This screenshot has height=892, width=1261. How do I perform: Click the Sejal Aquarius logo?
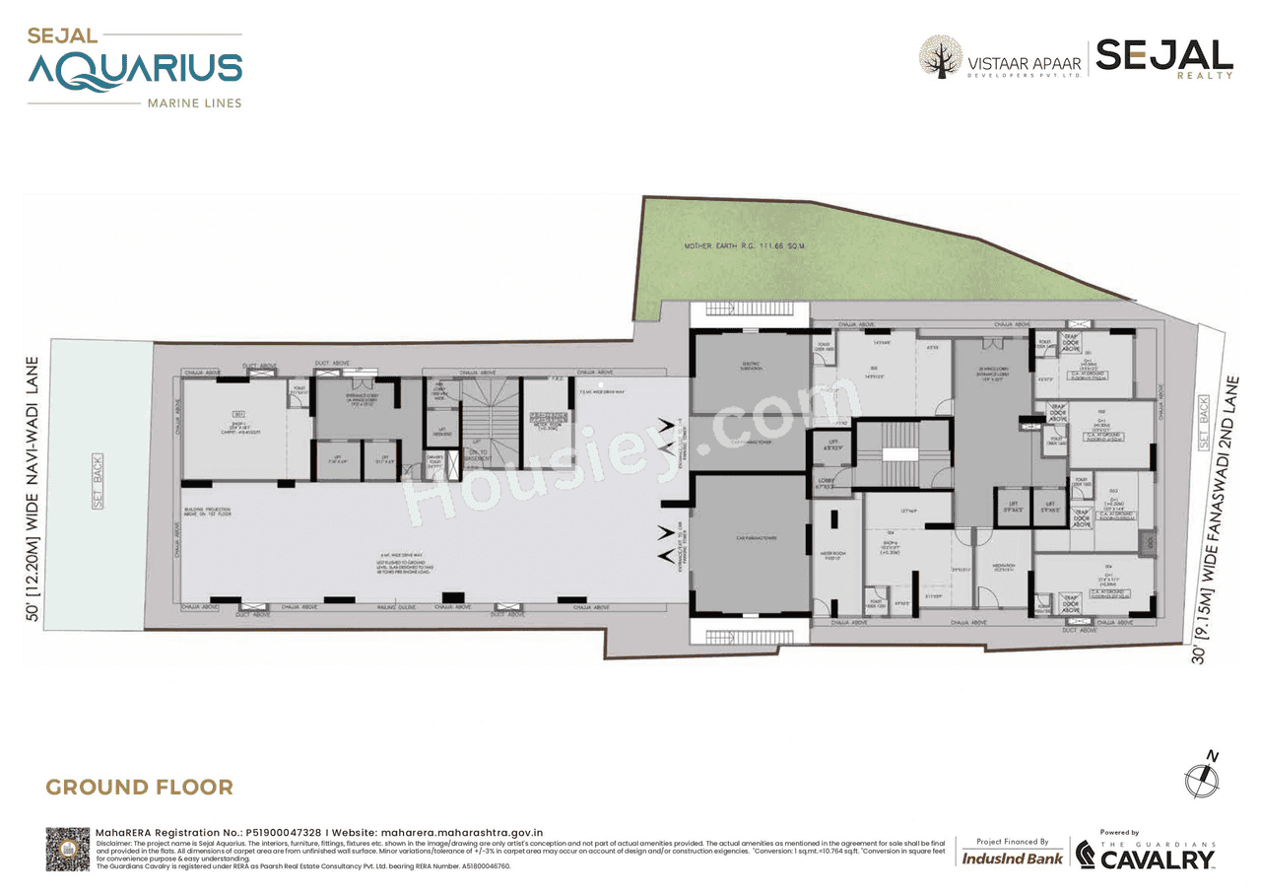(x=135, y=68)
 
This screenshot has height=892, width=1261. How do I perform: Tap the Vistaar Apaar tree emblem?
(x=940, y=57)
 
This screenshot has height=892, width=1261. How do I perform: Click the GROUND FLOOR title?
(x=140, y=787)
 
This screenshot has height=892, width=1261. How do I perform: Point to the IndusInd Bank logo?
(x=1012, y=858)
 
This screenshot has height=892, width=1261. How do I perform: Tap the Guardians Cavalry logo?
(x=1145, y=855)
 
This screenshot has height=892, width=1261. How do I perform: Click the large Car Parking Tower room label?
(x=750, y=538)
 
